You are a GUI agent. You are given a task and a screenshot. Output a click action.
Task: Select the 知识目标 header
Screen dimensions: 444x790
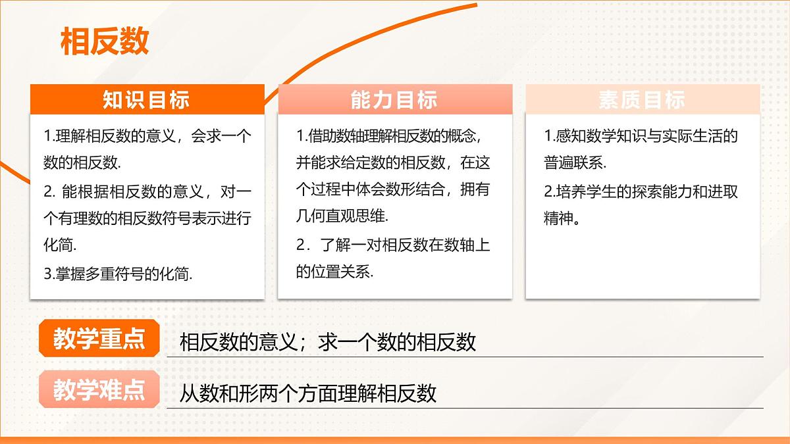pyautogui.click(x=146, y=99)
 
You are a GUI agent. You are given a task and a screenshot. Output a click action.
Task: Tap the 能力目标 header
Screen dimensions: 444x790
pyautogui.click(x=394, y=99)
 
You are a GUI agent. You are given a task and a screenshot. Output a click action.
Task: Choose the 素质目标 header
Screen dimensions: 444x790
pyautogui.click(x=642, y=99)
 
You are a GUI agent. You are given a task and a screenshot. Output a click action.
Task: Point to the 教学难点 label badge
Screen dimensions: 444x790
pyautogui.click(x=99, y=391)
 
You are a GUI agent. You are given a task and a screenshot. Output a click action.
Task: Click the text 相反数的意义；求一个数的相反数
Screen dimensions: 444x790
pyautogui.click(x=327, y=342)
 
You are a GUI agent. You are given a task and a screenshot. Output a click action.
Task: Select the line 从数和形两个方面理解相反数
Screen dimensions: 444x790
pyautogui.click(x=308, y=393)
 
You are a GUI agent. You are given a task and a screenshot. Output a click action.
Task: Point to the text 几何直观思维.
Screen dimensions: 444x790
pyautogui.click(x=342, y=216)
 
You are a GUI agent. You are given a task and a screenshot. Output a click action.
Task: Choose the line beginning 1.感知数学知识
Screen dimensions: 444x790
pyautogui.click(x=641, y=136)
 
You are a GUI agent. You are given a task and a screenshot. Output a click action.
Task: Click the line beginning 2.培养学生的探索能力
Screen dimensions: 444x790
pyautogui.click(x=641, y=191)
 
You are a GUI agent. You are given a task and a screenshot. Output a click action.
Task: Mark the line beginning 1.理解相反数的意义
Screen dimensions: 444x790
pyautogui.click(x=147, y=136)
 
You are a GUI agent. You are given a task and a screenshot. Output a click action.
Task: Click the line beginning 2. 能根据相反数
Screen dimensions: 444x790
pyautogui.click(x=147, y=191)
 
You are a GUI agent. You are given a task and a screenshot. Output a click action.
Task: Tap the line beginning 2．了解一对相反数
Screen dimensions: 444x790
pyautogui.click(x=393, y=245)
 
